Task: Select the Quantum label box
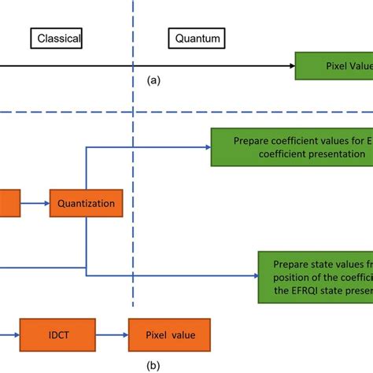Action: [x=197, y=37]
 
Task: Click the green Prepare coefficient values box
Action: [x=292, y=147]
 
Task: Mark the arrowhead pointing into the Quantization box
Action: [x=46, y=203]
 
